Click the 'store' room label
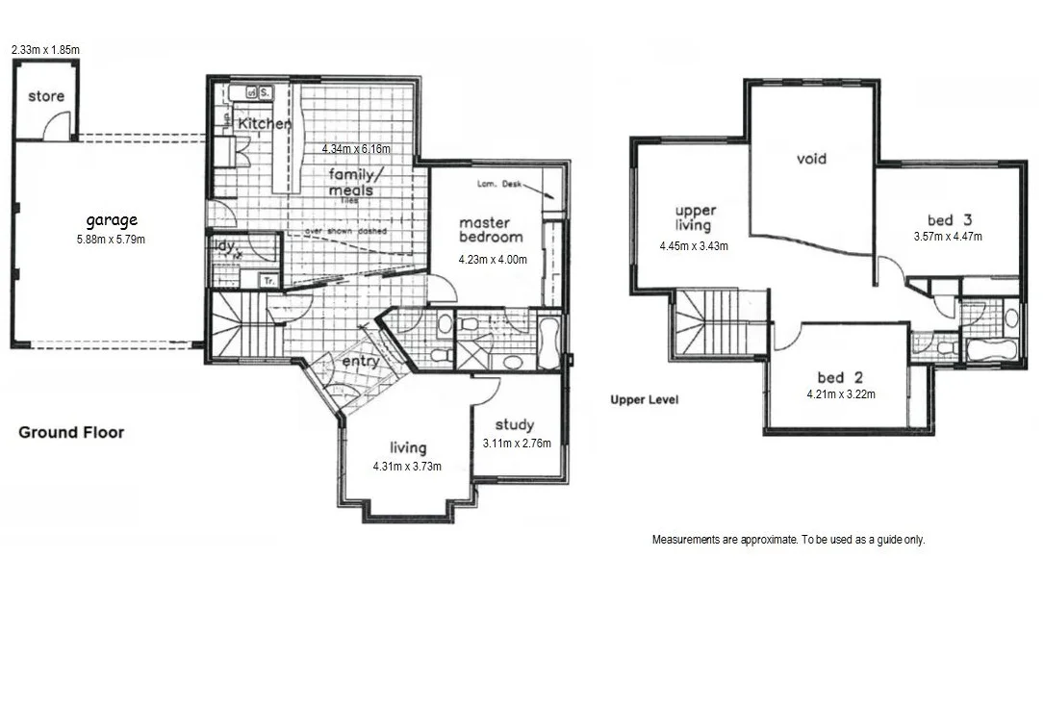pyautogui.click(x=45, y=96)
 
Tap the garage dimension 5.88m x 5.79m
pyautogui.click(x=111, y=240)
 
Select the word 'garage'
pyautogui.click(x=112, y=220)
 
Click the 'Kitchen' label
pyautogui.click(x=264, y=124)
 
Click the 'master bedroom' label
pyautogui.click(x=491, y=230)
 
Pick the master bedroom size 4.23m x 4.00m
pyautogui.click(x=491, y=257)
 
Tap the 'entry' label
pyautogui.click(x=361, y=362)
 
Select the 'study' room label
pyautogui.click(x=515, y=424)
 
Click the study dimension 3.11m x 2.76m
pyautogui.click(x=517, y=444)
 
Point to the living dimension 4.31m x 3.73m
pyautogui.click(x=407, y=467)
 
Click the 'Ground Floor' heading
pyautogui.click(x=71, y=433)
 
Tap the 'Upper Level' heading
pyautogui.click(x=644, y=399)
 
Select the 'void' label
pyautogui.click(x=811, y=159)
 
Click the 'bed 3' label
pyautogui.click(x=948, y=218)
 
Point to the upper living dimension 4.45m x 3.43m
pyautogui.click(x=694, y=246)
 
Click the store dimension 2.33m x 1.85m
pyautogui.click(x=45, y=48)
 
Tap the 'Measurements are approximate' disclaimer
pyautogui.click(x=788, y=540)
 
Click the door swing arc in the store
pyautogui.click(x=59, y=125)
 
